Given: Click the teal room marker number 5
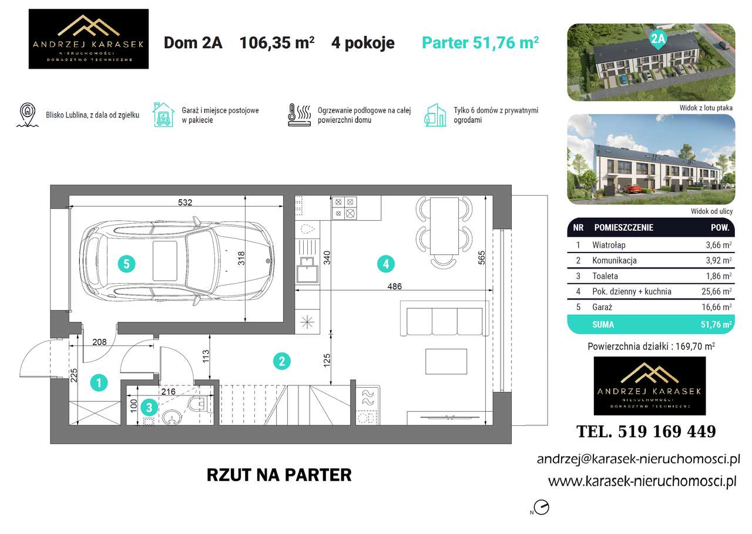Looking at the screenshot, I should tap(126, 264).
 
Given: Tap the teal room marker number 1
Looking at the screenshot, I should tap(99, 384).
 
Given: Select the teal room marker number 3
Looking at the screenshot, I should tap(150, 406).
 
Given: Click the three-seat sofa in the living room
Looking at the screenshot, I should tap(444, 319).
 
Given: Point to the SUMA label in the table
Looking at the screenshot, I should tap(603, 324).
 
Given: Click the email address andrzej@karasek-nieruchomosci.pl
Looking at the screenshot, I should tap(638, 459).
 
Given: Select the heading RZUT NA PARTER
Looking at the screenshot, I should tap(279, 475).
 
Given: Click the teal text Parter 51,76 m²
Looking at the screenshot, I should tap(481, 43).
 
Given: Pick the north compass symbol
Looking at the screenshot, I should tap(542, 508).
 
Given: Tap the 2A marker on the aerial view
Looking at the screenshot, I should tap(658, 39).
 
